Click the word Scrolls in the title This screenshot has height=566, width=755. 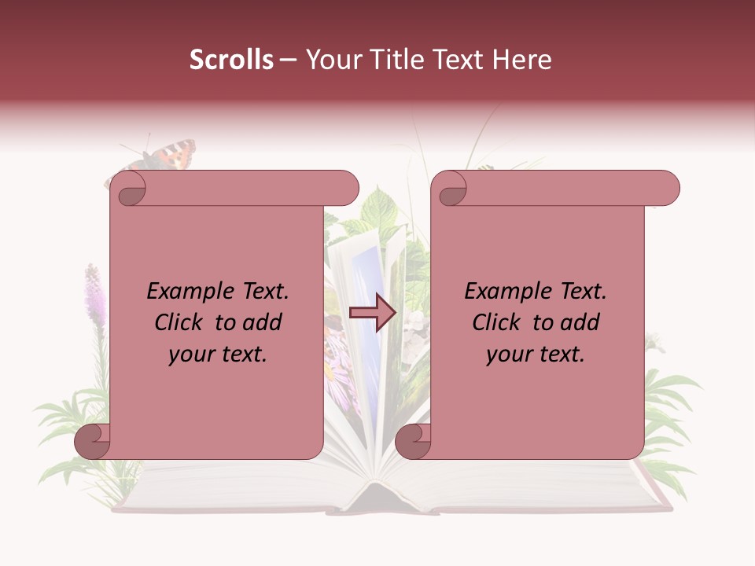point(231,60)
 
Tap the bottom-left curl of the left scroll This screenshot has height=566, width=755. point(93,441)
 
